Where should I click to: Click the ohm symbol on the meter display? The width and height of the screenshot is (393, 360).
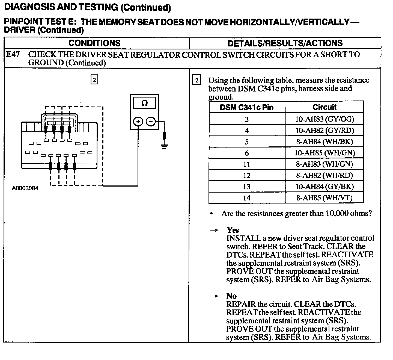tap(144, 103)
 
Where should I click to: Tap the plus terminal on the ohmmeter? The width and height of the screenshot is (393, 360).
tap(138, 122)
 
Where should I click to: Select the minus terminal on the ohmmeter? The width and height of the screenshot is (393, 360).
tap(151, 122)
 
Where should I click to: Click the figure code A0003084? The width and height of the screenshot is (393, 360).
tap(25, 188)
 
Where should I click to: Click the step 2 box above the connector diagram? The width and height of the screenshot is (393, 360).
tap(94, 80)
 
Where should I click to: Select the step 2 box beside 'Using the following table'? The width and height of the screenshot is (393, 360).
tap(196, 80)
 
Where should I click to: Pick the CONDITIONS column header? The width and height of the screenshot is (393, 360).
tap(94, 43)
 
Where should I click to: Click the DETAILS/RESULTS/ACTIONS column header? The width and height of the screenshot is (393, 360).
tap(285, 43)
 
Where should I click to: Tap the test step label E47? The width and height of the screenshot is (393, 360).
tap(13, 54)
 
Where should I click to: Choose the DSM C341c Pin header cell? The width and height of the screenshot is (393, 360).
tap(247, 107)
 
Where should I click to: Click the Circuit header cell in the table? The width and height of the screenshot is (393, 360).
tap(324, 107)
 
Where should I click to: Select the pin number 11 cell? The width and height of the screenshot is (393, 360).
tap(247, 164)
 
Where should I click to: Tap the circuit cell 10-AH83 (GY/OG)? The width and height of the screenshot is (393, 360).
tap(324, 119)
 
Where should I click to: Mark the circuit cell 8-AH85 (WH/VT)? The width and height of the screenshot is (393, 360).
tap(324, 198)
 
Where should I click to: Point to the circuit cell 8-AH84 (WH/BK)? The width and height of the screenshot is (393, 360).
tap(324, 142)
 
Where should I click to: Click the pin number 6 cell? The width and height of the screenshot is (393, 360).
tap(247, 153)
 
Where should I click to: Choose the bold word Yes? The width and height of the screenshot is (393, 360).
tap(233, 230)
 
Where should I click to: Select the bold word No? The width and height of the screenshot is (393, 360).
tap(231, 296)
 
